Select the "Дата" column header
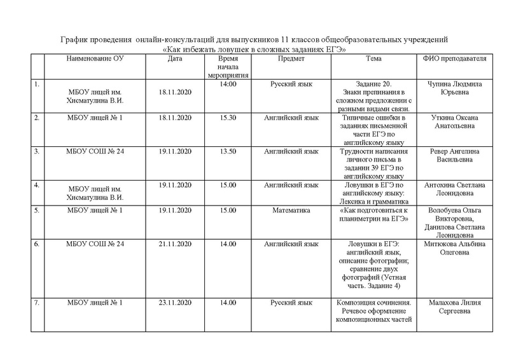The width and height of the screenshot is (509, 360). pos(176,59)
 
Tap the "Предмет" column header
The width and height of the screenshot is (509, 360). pos(291,59)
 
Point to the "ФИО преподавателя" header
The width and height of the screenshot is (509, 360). pos(454,59)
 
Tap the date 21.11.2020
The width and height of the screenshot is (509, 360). pos(176,244)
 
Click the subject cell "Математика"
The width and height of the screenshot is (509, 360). pos(291,210)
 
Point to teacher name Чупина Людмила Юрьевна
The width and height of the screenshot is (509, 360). pos(454,88)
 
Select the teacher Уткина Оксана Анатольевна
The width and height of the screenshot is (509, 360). pos(454,122)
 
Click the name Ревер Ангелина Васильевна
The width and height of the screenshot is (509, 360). pos(454,156)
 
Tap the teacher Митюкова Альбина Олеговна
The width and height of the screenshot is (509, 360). pos(454,248)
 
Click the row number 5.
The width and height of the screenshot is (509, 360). pos(37,210)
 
